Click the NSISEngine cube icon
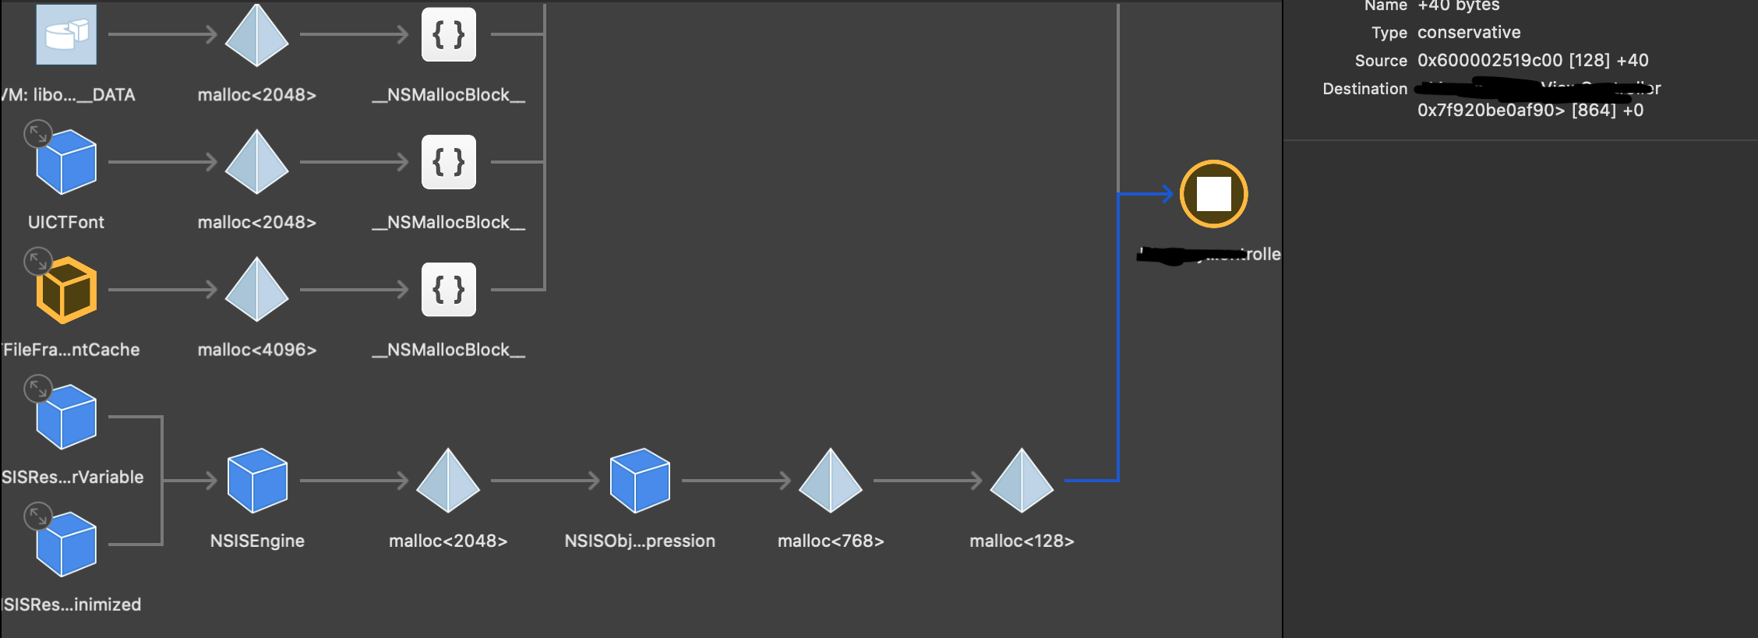(x=257, y=481)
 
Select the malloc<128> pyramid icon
(x=1022, y=481)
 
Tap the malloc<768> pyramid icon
(x=831, y=481)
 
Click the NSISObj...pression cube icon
(x=640, y=481)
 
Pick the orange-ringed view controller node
(x=1213, y=194)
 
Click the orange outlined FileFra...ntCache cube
(x=67, y=290)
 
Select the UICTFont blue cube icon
(x=67, y=162)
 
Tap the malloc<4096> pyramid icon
(x=256, y=290)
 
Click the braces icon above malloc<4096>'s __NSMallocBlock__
(x=449, y=290)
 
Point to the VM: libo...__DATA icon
(x=66, y=34)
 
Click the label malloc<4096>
(x=257, y=350)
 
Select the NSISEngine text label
(x=257, y=541)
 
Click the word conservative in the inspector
(x=1469, y=33)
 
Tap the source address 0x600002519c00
(x=1490, y=61)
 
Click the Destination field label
(x=1364, y=89)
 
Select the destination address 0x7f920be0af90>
(x=1491, y=111)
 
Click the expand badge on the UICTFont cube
(x=37, y=134)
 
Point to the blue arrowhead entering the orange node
(x=1167, y=194)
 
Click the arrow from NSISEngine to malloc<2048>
(x=355, y=481)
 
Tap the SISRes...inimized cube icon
(x=67, y=545)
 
